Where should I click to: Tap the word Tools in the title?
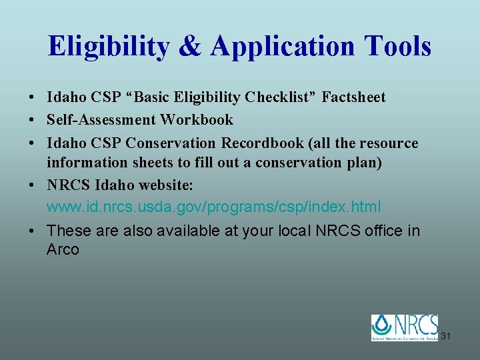pyautogui.click(x=397, y=46)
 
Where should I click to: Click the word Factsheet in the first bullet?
pyautogui.click(x=353, y=97)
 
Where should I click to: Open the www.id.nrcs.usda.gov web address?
pyautogui.click(x=214, y=207)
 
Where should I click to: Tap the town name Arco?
pyautogui.click(x=63, y=250)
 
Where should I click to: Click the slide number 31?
pyautogui.click(x=445, y=336)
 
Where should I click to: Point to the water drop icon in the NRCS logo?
pyautogui.click(x=383, y=326)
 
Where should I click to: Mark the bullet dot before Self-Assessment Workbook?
pyautogui.click(x=32, y=121)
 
